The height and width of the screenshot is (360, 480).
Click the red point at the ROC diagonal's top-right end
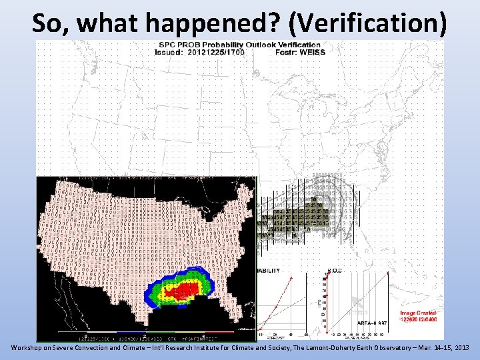tap(388, 273)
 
